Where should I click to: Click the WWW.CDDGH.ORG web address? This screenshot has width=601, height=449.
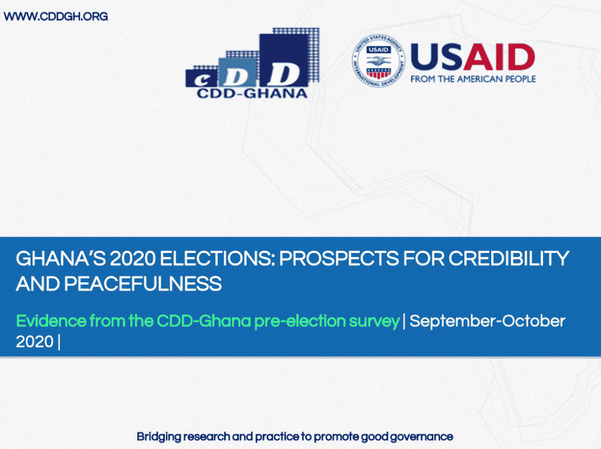point(56,16)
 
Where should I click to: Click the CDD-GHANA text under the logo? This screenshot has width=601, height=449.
point(252,93)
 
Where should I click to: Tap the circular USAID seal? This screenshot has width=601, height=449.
point(379,60)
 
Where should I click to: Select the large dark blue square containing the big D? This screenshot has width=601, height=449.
point(283,60)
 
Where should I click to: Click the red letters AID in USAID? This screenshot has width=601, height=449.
point(499,57)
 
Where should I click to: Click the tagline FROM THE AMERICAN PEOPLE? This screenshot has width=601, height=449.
point(473,79)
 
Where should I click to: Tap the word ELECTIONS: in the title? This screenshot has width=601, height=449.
point(217,259)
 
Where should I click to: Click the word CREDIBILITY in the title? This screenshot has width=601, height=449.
point(509,259)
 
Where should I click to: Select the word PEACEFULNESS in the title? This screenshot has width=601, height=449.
point(143,284)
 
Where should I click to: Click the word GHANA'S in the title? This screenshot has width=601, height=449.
point(60,259)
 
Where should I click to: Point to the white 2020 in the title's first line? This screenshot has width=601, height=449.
point(132,259)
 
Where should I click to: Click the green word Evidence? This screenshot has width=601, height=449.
point(52,321)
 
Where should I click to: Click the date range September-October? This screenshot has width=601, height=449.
point(487,321)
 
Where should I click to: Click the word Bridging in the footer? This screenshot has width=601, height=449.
point(158,437)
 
